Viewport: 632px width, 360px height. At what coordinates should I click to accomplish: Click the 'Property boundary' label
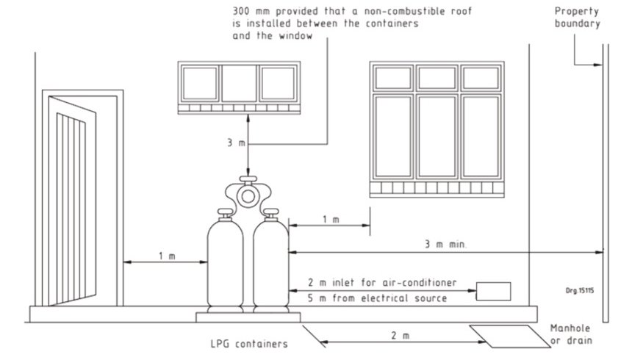click(x=577, y=17)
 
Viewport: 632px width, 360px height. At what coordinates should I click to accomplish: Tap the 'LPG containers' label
click(x=245, y=342)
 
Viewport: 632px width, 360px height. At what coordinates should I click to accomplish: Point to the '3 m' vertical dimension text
click(x=236, y=143)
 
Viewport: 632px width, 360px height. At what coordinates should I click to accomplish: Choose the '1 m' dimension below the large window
click(x=331, y=219)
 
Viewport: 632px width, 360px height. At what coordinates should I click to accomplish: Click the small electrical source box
click(x=493, y=291)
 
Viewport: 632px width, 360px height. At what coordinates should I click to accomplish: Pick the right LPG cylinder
click(x=270, y=264)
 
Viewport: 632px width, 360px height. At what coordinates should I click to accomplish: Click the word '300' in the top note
click(x=243, y=12)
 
